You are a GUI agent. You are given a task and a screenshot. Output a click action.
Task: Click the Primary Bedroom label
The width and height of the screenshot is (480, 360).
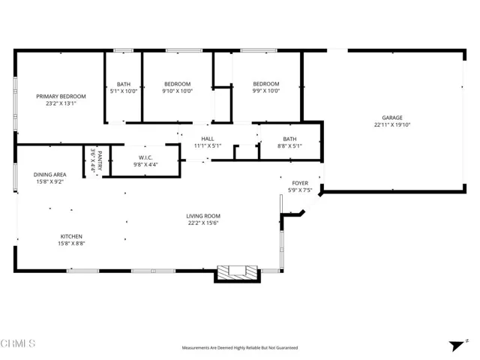61,96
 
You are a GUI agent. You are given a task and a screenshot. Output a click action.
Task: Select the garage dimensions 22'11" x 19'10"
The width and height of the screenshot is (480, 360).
392,125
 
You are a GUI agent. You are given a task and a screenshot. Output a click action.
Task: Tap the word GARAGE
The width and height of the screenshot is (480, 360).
392,118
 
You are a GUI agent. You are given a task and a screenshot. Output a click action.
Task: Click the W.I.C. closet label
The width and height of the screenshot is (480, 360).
145,157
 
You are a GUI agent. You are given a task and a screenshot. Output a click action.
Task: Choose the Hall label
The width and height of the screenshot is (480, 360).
208,139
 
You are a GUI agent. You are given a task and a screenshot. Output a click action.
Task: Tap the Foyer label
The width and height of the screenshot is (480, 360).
300,182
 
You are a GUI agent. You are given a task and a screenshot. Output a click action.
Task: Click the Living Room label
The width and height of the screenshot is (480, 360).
203,217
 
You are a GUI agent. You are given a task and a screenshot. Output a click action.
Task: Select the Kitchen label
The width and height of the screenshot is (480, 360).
71,235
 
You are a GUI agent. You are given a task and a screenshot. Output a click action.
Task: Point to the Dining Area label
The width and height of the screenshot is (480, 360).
49,174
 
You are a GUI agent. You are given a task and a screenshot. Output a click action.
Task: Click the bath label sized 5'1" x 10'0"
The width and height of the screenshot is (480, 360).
124,87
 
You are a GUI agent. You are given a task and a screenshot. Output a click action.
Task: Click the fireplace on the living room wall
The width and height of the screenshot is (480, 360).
236,273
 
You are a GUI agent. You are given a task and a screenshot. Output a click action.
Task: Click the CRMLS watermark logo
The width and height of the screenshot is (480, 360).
18,343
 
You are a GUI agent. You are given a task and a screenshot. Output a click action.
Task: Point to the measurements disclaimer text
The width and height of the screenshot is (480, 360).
239,348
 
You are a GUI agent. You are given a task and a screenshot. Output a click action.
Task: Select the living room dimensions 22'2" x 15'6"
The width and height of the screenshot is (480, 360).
203,223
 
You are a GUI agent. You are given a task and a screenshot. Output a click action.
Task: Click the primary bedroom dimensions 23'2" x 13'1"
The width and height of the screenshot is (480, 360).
61,103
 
